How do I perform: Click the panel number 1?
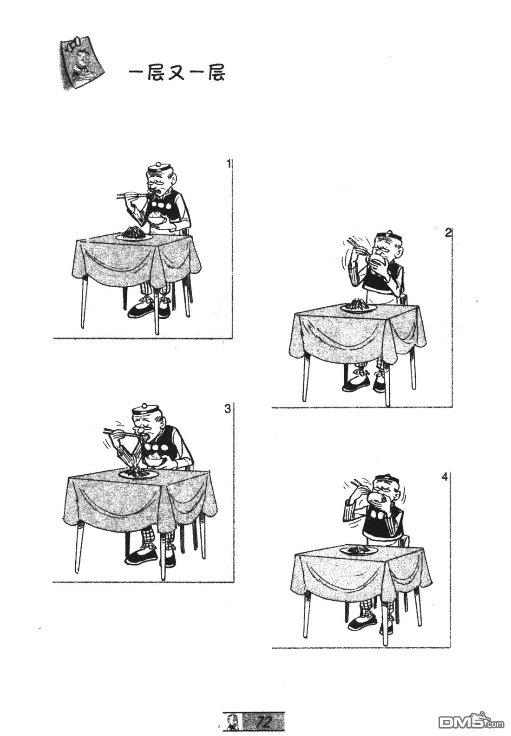click(x=229, y=163)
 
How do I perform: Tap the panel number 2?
click(x=448, y=233)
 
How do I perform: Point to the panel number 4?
click(x=445, y=477)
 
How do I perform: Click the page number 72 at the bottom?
click(x=263, y=720)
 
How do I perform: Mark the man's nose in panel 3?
click(x=140, y=428)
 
